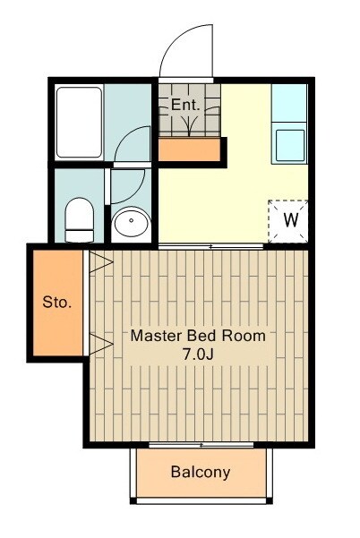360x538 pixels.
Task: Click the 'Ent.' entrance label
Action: (x=185, y=105)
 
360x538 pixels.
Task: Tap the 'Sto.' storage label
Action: (x=57, y=303)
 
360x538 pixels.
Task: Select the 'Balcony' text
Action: (x=201, y=472)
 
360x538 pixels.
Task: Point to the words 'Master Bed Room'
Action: (x=198, y=336)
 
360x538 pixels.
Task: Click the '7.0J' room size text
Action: (x=198, y=354)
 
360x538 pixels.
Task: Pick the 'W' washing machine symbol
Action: (x=291, y=220)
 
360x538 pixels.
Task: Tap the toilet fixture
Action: (x=80, y=220)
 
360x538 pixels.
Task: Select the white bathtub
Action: (x=80, y=122)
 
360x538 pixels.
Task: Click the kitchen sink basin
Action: (x=290, y=146)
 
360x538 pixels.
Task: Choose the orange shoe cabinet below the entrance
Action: (x=189, y=149)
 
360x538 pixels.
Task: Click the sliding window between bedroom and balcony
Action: (x=201, y=445)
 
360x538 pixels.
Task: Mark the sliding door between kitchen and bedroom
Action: (x=210, y=246)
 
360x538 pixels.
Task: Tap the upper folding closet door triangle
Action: (x=100, y=262)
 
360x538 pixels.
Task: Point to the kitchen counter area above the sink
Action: (x=289, y=103)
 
